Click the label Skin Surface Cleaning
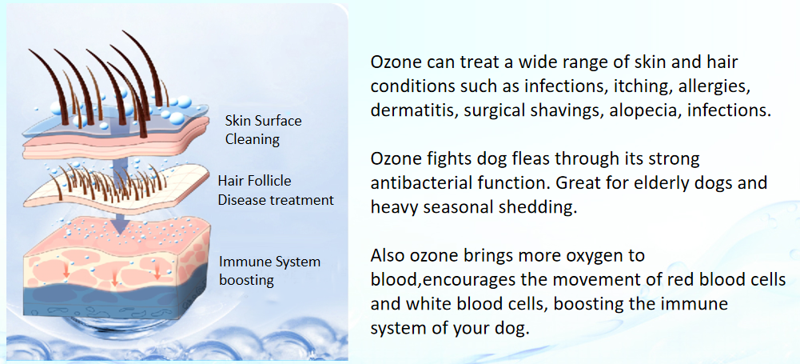[x=263, y=130]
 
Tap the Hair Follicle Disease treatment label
[x=276, y=190]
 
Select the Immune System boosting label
[x=269, y=270]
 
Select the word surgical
[x=487, y=110]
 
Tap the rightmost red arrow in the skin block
[x=157, y=270]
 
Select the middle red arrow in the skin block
[x=114, y=279]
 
